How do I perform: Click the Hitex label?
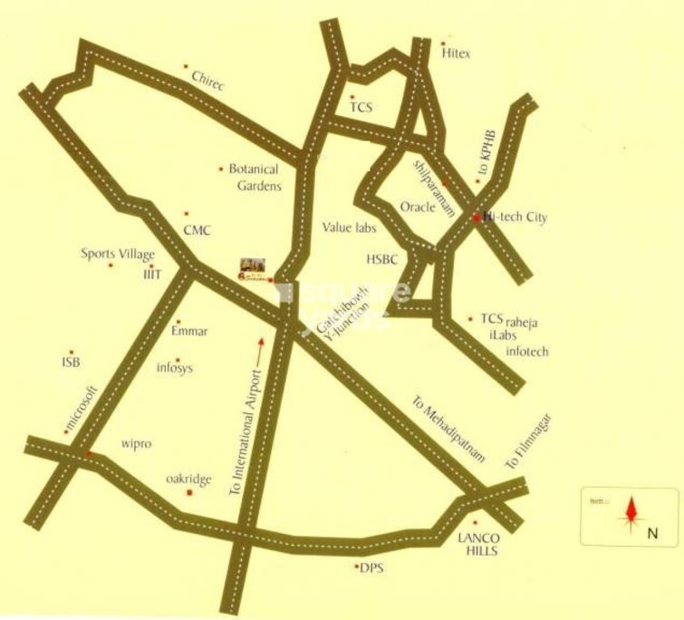click(457, 54)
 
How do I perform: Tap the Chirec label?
click(207, 81)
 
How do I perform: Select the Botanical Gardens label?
click(254, 177)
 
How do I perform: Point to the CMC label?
click(197, 230)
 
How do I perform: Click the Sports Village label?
click(118, 254)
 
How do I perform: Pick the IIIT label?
click(150, 273)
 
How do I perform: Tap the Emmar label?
click(189, 331)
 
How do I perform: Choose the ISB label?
click(71, 362)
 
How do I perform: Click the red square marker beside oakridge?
click(188, 492)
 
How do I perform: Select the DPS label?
click(371, 567)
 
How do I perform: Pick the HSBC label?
click(382, 259)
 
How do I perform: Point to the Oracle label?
click(419, 206)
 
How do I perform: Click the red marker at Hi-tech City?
click(477, 218)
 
